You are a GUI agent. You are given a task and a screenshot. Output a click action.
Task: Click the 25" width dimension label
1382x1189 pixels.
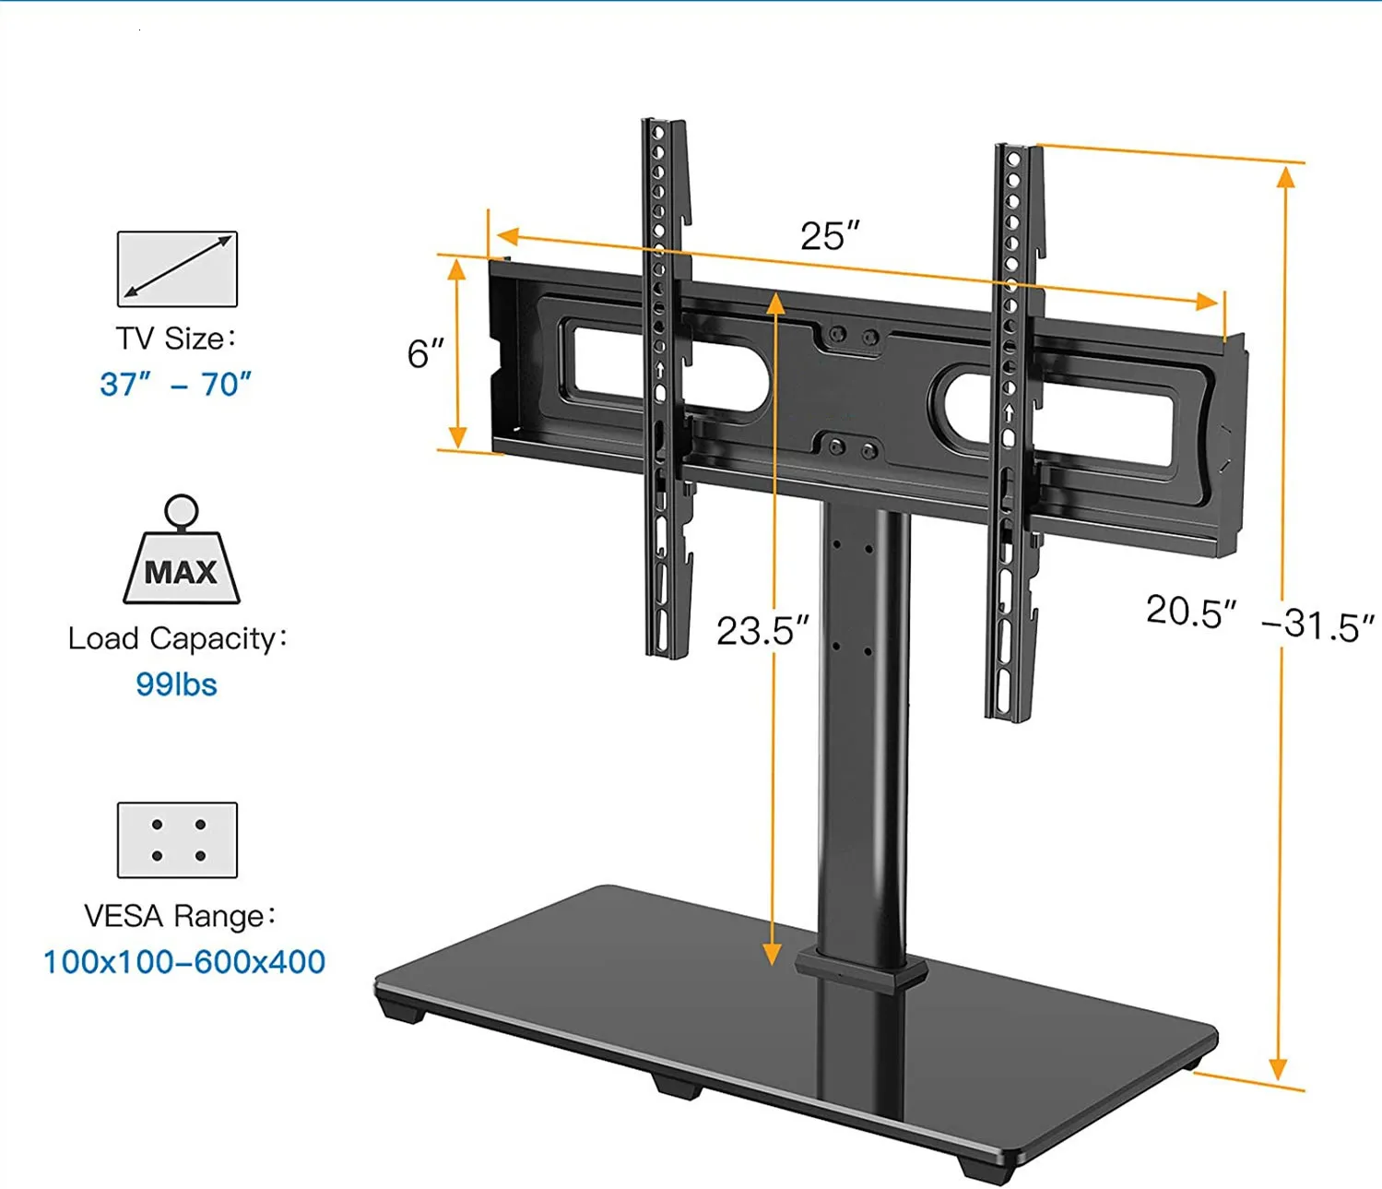coord(829,236)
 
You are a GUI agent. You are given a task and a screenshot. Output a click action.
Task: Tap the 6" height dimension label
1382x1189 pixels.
coord(425,353)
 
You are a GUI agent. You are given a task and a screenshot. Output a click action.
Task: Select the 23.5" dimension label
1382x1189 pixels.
coord(762,631)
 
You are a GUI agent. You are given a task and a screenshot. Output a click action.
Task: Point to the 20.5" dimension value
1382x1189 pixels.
coord(1190,611)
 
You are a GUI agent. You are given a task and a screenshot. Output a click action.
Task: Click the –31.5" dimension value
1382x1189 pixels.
coord(1317,625)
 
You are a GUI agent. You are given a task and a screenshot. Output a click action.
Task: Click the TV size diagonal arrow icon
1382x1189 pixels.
coord(177,268)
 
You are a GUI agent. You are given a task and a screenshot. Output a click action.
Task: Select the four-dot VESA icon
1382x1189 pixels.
coord(177,839)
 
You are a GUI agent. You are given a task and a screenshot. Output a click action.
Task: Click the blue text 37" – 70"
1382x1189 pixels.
coord(175,384)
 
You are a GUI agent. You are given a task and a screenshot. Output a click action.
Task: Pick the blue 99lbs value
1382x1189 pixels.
coord(176,684)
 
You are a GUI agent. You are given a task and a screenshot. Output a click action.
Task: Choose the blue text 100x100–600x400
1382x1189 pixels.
coord(184,962)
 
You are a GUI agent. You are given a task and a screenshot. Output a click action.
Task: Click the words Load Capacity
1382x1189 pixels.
coord(176,638)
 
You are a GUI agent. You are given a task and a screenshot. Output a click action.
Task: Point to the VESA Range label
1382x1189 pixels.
coord(179,916)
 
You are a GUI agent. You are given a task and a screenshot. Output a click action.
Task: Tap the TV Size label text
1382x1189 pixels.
coord(174,339)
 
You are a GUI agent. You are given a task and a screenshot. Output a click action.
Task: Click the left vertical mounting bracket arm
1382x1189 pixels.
coord(666,387)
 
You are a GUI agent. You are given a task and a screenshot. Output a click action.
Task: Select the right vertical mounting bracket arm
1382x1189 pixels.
coord(1014,434)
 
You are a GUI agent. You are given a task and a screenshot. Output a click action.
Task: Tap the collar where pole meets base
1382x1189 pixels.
coord(861,969)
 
